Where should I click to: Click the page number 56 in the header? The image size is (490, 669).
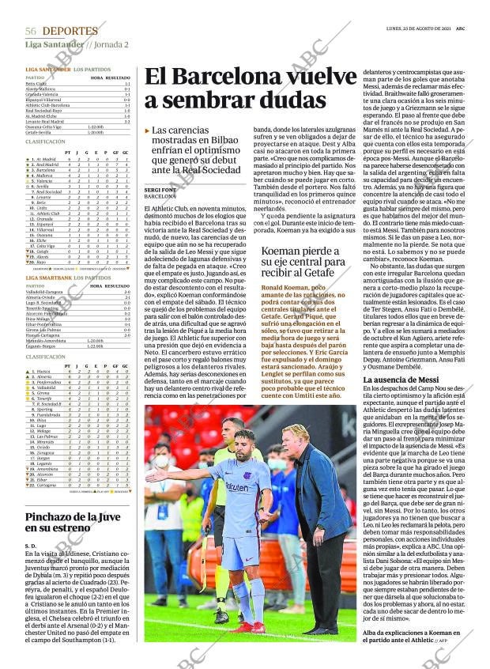(x=31, y=31)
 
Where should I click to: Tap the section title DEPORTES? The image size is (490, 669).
(x=70, y=31)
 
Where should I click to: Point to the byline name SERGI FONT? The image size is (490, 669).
(x=161, y=190)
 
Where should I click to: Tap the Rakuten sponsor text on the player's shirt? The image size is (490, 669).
(x=237, y=487)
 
